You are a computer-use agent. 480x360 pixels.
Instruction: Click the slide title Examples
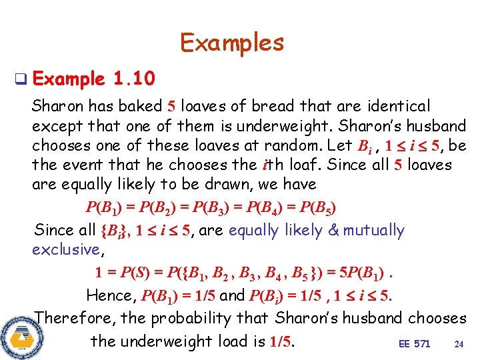tap(232, 43)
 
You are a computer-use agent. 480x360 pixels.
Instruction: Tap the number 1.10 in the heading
tap(134, 80)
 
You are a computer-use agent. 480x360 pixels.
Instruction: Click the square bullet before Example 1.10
tap(21, 81)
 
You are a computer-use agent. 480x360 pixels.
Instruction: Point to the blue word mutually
tap(372, 231)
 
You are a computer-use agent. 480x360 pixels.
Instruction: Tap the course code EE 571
tap(414, 344)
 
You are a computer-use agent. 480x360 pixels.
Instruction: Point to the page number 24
tap(459, 344)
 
